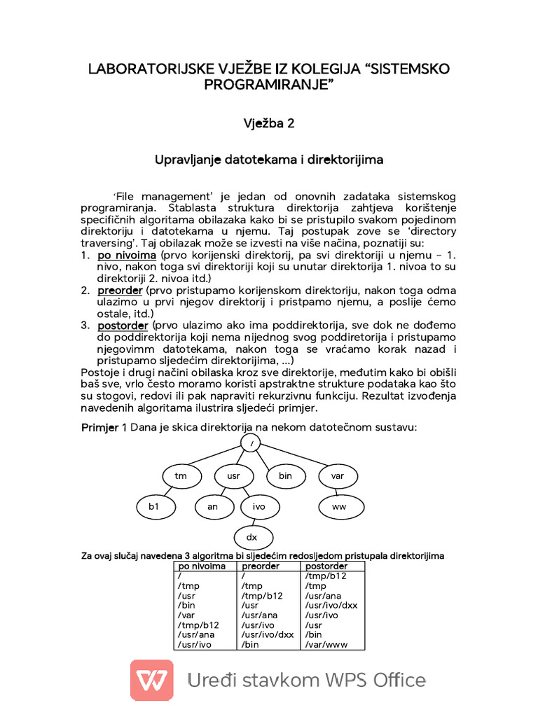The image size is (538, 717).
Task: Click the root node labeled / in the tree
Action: tap(251, 443)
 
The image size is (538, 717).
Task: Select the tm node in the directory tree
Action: tap(181, 476)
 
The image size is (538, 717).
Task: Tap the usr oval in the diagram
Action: tap(233, 476)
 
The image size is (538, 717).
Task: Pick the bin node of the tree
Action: tap(285, 476)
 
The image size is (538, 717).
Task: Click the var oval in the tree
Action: tap(338, 476)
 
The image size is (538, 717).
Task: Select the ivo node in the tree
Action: tap(259, 506)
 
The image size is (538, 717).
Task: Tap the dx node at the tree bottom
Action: tap(251, 537)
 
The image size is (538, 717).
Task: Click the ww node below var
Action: tap(338, 506)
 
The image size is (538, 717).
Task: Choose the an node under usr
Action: tap(213, 506)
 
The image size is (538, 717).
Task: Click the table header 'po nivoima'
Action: tap(202, 566)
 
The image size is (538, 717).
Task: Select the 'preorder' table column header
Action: tap(260, 566)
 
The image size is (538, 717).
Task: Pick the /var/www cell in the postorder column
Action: tap(326, 644)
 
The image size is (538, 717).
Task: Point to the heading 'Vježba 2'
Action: tap(268, 123)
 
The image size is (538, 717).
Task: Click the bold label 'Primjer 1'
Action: tap(104, 428)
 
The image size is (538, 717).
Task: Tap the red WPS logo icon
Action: tap(152, 680)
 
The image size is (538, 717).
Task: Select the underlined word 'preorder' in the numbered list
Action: tap(120, 290)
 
